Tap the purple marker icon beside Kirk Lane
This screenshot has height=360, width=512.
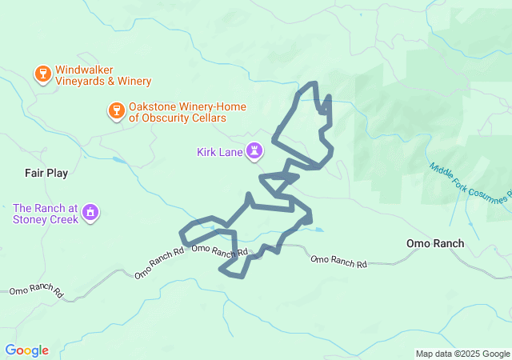pyautogui.click(x=254, y=150)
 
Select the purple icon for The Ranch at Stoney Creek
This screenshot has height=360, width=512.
pyautogui.click(x=90, y=213)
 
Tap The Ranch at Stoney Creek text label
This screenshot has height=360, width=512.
pyautogui.click(x=45, y=214)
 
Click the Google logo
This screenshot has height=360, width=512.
pyautogui.click(x=26, y=350)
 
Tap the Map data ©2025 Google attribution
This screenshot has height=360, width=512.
pyautogui.click(x=462, y=354)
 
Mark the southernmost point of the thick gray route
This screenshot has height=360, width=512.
pyautogui.click(x=239, y=277)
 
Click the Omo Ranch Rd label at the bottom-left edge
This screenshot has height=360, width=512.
pyautogui.click(x=36, y=292)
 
